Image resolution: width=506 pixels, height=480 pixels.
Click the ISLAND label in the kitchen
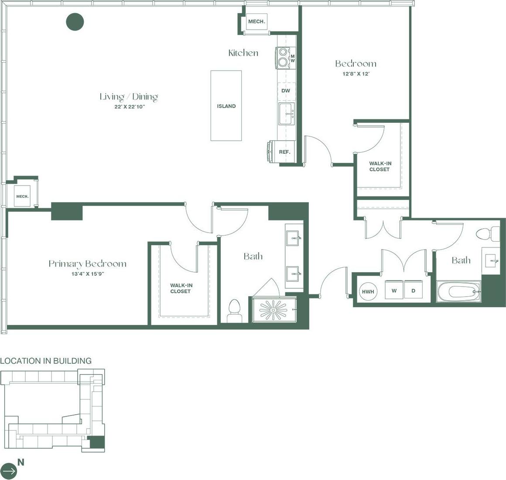226,106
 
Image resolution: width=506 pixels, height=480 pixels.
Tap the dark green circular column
75,22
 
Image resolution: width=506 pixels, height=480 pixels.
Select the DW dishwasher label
286,91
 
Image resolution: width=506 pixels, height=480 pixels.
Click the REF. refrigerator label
284,152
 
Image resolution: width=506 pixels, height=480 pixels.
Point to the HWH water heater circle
368,291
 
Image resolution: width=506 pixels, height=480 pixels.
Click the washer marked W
394,291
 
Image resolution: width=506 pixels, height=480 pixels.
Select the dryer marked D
414,291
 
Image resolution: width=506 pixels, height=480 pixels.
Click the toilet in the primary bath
235,311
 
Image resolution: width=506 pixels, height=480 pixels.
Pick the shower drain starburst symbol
273,310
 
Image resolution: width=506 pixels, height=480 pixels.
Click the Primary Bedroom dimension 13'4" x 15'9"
88,274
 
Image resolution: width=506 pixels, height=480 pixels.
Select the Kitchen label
243,53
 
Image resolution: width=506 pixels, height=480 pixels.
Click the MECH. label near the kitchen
257,22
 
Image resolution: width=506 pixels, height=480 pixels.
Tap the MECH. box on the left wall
22,196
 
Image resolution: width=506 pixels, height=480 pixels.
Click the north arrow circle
9,470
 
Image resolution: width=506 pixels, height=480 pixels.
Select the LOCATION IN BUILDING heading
46,361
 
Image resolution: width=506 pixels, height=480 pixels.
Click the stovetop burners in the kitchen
282,57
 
